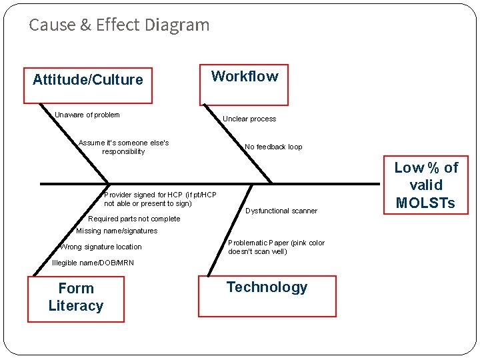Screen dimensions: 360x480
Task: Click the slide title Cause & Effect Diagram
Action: (119, 25)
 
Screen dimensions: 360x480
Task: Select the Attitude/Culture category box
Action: (88, 85)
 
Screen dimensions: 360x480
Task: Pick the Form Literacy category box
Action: (76, 298)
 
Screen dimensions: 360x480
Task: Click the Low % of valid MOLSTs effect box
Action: (427, 185)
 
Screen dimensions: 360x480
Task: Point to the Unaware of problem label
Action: (87, 115)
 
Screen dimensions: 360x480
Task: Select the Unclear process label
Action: (249, 119)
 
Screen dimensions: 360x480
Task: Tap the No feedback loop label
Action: (273, 147)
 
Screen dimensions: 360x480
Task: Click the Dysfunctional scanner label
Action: (281, 211)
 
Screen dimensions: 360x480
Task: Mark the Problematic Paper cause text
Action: (276, 247)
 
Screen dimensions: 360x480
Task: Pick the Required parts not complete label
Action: (134, 219)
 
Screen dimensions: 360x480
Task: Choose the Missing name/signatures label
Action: (117, 231)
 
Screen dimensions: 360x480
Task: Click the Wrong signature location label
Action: (101, 247)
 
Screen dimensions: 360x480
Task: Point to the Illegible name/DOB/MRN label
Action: (93, 263)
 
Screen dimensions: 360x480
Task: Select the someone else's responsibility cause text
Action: (123, 147)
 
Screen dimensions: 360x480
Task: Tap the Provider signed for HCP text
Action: (160, 199)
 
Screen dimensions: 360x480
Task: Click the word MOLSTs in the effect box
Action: (427, 203)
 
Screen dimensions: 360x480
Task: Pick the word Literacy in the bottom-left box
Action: (76, 306)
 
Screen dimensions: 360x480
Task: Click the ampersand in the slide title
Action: (86, 25)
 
